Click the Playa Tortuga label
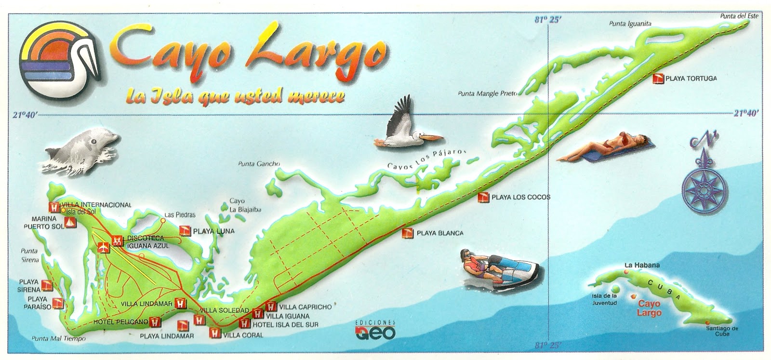[x=691, y=78]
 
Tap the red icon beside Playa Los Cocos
[x=484, y=197]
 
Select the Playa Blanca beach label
[x=439, y=233]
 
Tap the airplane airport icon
[x=102, y=248]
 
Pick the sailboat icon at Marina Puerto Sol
[x=71, y=223]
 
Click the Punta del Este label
[x=739, y=16]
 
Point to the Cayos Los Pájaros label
[x=427, y=159]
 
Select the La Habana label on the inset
[x=642, y=265]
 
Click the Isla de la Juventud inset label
[x=604, y=299]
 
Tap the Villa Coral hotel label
[x=243, y=335]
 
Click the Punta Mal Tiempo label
[x=58, y=338]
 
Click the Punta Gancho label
[x=259, y=164]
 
